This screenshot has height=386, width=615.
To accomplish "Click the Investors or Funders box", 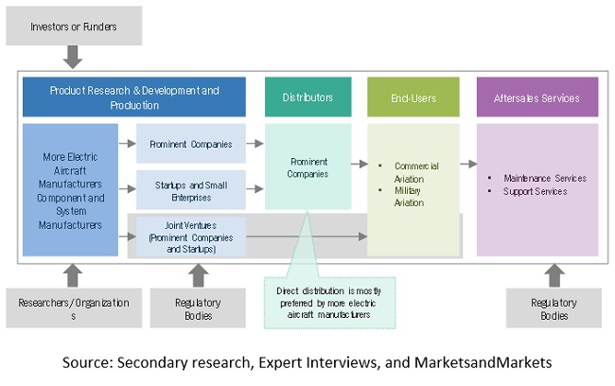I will click(x=73, y=26).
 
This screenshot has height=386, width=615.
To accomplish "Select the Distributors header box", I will click(x=307, y=97).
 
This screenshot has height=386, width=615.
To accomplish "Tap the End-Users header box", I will click(x=413, y=97).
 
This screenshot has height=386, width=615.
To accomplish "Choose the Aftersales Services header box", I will click(x=537, y=97).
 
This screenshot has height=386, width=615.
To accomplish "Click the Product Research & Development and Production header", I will click(x=133, y=97).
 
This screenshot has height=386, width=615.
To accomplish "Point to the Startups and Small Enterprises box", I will click(x=191, y=189).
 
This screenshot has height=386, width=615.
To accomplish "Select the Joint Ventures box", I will click(x=191, y=236).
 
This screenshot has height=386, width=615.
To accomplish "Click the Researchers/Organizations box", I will click(x=66, y=308).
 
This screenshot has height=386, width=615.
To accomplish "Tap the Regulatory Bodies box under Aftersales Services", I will click(x=553, y=308).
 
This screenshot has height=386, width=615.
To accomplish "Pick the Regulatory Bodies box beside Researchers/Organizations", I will click(x=197, y=308).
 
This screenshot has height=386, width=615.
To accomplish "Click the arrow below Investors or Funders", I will click(x=73, y=59).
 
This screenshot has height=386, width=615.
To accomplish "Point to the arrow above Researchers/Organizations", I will click(x=66, y=274).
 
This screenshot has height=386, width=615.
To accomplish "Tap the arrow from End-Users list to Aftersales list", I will click(x=467, y=163).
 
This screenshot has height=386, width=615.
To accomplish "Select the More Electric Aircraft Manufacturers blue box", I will click(x=71, y=190).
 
